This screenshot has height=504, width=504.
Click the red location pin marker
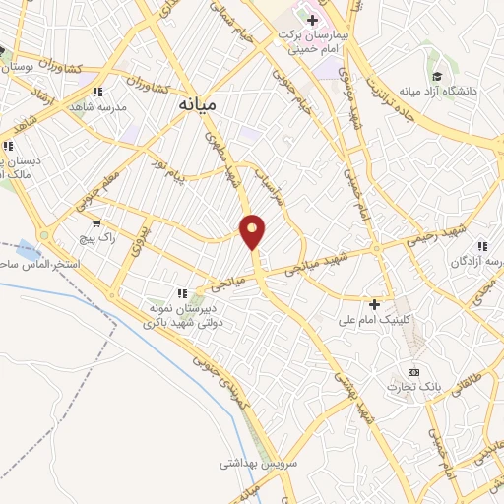(253, 231)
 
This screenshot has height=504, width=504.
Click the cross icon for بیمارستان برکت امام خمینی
(312, 20)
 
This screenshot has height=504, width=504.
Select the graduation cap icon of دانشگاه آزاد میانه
(436, 76)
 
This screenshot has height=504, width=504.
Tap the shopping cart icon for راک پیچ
(95, 223)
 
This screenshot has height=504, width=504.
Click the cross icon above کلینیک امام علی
(374, 303)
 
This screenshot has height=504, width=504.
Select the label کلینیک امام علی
(373, 320)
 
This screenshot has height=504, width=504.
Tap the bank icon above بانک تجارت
(413, 372)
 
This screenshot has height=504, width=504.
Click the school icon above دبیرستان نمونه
(180, 292)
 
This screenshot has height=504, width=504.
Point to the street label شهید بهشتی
(350, 391)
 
